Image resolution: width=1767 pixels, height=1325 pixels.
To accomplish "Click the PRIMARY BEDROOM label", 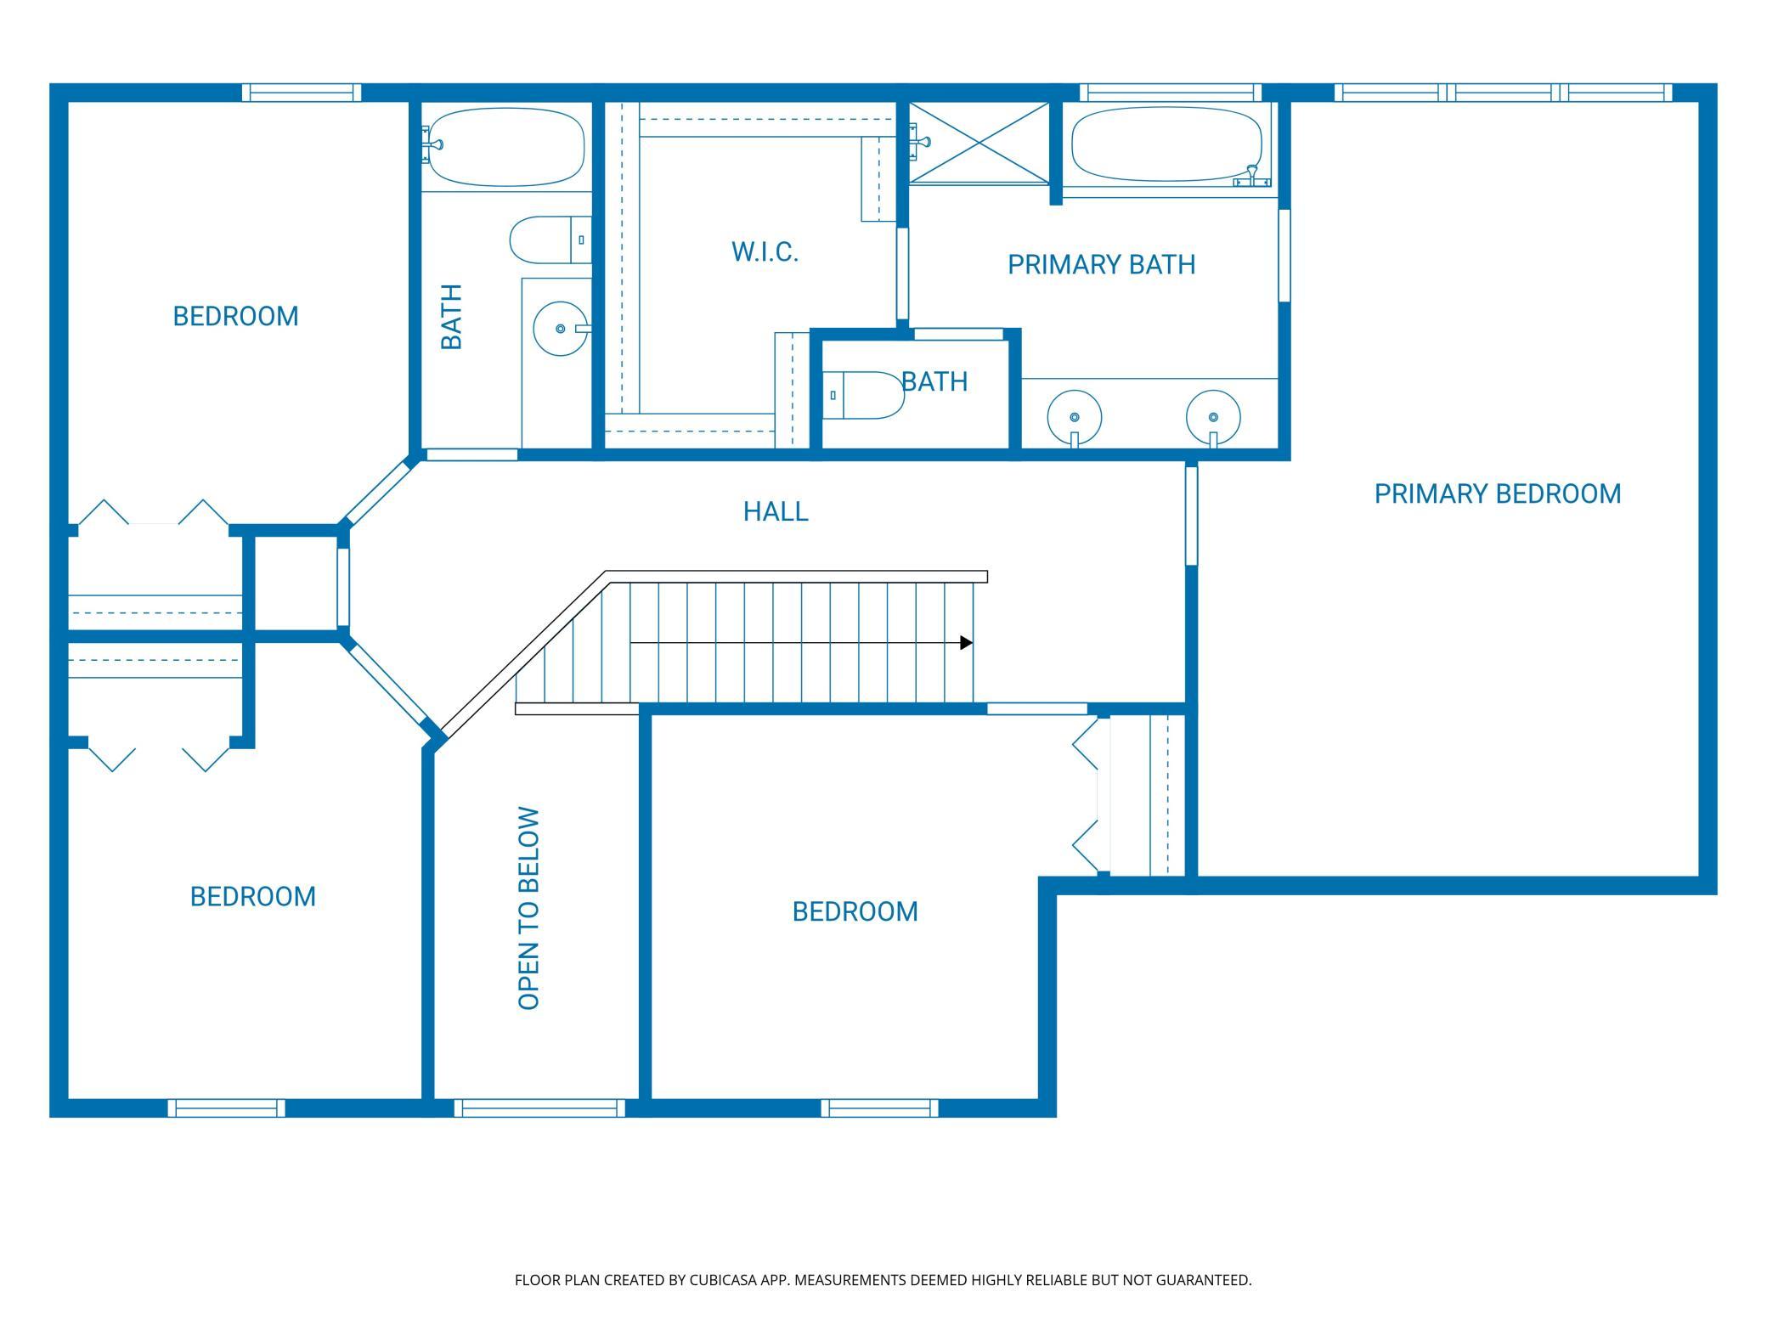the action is [1498, 493].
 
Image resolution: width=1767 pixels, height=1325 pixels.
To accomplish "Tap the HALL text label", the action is [776, 511].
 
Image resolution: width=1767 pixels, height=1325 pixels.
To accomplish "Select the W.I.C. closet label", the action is [765, 252].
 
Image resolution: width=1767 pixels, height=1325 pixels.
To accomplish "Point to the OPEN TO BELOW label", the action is [528, 908].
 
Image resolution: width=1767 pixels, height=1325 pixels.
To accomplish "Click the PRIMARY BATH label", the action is [1102, 265].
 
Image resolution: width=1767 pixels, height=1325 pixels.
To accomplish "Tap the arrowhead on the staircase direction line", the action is [967, 643].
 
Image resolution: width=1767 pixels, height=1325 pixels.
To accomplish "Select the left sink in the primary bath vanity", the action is [1075, 418].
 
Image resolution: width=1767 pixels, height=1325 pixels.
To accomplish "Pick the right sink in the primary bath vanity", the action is [1213, 418].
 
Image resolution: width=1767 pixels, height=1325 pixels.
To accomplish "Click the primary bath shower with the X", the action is [979, 143].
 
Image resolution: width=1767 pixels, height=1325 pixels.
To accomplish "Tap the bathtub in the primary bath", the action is [1167, 144].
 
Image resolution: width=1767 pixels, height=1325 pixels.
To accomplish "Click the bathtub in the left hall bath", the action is [506, 146].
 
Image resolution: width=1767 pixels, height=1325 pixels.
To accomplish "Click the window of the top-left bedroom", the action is [302, 93].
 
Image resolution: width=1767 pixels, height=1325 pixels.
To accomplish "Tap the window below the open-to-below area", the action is [539, 1108].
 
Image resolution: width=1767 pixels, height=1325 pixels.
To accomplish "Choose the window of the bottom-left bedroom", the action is [226, 1108].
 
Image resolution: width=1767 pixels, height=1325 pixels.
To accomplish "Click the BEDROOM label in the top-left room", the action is [235, 316].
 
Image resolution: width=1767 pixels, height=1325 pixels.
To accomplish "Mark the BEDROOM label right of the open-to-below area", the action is [855, 911].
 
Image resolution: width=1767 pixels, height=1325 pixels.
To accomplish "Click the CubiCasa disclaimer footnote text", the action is [883, 1280].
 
